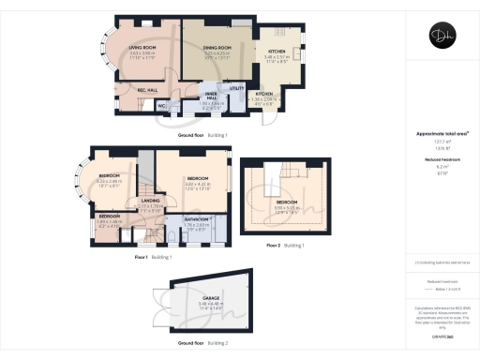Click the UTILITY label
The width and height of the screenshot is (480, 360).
tap(236, 88)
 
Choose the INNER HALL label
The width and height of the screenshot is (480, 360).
tap(213, 96)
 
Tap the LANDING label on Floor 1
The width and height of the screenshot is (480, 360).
tap(149, 200)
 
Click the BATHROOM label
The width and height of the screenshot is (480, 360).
tap(198, 219)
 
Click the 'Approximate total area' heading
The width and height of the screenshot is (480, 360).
tap(442, 133)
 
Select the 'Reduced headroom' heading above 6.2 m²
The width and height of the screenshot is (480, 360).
tap(442, 161)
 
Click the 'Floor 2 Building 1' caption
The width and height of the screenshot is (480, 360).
tap(286, 245)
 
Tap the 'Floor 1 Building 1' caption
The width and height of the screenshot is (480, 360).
tap(153, 255)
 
